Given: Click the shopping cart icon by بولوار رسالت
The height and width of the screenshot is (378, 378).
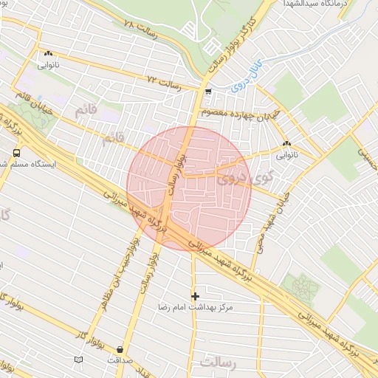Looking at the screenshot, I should (209, 92).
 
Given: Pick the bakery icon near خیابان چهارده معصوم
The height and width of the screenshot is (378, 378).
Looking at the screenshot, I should (286, 143).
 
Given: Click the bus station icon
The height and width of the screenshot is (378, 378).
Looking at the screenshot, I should (16, 153).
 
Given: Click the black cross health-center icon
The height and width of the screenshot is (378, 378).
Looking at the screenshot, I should (195, 295).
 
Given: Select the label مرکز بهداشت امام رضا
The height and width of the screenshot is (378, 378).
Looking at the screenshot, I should (195, 306).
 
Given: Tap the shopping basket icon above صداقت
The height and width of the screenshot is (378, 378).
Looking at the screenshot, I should (120, 349).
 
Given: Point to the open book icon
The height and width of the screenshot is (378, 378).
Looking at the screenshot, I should (78, 360).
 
